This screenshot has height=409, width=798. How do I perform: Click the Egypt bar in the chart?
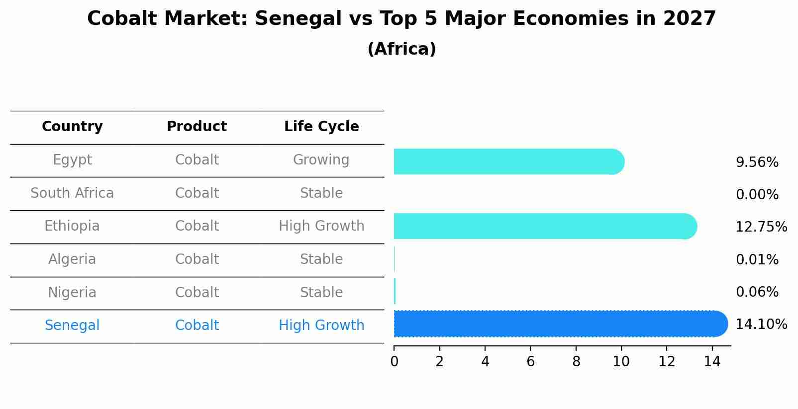pos(507,162)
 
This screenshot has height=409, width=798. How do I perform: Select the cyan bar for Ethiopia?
pos(545,226)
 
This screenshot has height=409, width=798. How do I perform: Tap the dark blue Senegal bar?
pos(560,324)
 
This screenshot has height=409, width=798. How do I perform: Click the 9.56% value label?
pos(757,163)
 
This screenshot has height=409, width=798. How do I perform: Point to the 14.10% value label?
pos(761,325)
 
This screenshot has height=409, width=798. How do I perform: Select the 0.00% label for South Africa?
pos(757,195)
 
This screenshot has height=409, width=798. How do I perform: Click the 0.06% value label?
pos(757,292)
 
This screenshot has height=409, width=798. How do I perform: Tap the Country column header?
pos(72,127)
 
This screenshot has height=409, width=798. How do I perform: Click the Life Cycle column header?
pos(321,127)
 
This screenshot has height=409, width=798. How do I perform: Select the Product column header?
pos(197,127)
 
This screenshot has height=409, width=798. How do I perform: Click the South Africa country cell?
pos(72,193)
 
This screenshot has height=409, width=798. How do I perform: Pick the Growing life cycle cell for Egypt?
pos(321,160)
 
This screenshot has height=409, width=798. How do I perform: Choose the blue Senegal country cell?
pos(72,326)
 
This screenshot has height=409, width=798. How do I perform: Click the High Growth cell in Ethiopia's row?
pos(321,226)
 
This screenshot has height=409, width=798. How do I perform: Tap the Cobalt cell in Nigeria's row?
pos(197,292)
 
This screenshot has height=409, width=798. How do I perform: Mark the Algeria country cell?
pos(72,259)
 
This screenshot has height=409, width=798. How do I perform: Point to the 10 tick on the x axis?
pos(621,362)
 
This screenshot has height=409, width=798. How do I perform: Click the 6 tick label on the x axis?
pos(530,362)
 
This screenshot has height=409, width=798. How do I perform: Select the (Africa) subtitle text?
pos(401,49)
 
